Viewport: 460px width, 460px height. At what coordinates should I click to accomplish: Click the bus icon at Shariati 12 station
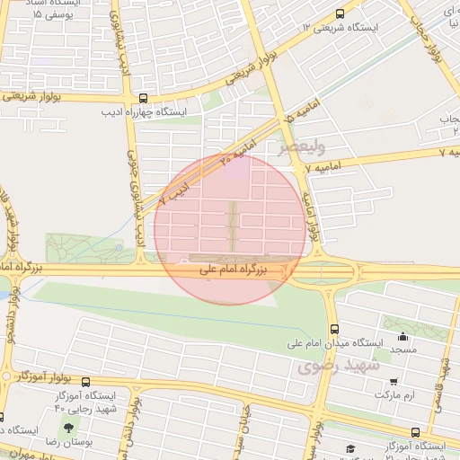339,13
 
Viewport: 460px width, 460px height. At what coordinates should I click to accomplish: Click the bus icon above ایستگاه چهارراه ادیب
143,99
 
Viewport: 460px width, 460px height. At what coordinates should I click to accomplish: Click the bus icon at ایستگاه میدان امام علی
334,328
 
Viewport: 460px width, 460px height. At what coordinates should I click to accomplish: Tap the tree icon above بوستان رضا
69,429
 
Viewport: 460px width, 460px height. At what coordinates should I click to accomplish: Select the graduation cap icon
349,449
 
